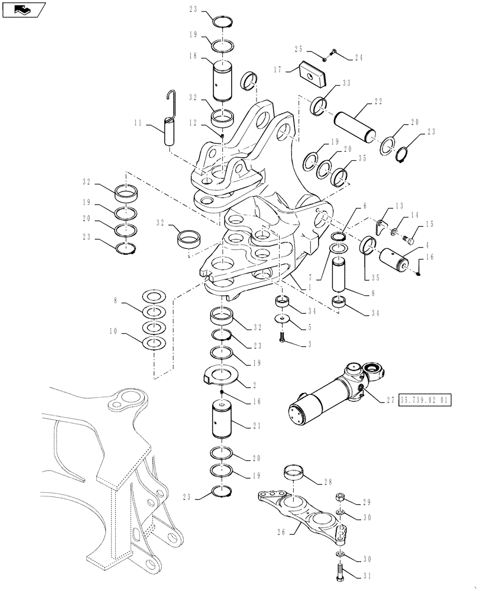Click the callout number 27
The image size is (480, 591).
390,400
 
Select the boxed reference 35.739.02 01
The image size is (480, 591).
426,400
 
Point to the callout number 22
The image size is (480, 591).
377,102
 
